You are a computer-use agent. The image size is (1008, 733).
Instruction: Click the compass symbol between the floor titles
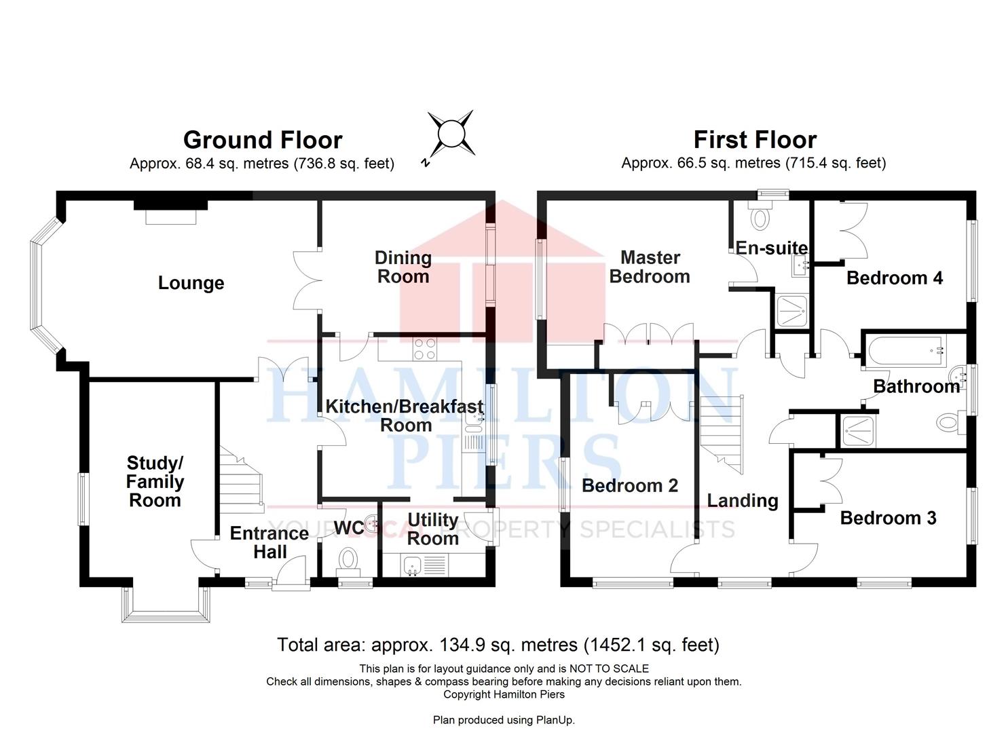451,134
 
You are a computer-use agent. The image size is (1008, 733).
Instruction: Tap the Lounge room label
191,283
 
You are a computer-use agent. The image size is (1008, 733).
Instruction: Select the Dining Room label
403,267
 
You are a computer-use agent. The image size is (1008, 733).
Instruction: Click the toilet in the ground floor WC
348,562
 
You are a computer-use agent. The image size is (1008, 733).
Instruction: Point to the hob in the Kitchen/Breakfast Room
425,349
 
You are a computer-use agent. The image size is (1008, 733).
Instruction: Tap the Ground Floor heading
263,140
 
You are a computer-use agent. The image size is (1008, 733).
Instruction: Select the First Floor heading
755,140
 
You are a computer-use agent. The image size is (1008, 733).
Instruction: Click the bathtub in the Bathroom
906,350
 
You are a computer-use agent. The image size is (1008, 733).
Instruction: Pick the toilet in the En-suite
760,216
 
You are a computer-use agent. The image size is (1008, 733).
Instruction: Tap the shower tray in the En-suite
792,311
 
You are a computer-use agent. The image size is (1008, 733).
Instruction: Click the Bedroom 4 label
895,278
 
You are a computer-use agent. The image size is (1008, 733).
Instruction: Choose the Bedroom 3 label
889,518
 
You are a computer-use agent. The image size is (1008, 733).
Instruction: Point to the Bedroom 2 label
630,485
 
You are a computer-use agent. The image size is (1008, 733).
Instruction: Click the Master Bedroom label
650,267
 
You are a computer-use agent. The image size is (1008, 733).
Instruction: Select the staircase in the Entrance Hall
241,480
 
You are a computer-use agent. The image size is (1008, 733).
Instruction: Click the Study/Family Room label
155,482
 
